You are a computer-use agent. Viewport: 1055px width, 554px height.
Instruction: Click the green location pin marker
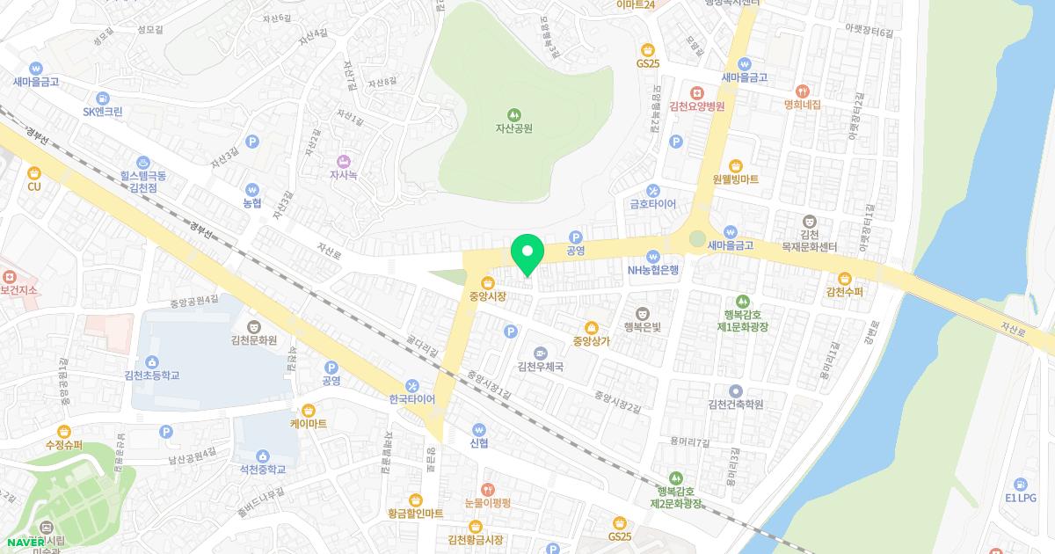[527, 254]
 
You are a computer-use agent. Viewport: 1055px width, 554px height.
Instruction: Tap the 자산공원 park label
[513, 128]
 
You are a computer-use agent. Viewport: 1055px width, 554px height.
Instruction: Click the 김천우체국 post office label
[540, 367]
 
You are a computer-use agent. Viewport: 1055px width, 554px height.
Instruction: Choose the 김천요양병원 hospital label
[696, 106]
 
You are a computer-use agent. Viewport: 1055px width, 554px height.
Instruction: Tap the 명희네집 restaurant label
[802, 104]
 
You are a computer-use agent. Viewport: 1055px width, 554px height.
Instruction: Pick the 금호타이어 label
[652, 203]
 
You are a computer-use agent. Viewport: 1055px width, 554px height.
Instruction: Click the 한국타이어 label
[411, 398]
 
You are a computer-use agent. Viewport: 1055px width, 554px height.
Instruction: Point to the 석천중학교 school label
[263, 469]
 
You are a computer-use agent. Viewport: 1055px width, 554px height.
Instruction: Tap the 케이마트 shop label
[308, 423]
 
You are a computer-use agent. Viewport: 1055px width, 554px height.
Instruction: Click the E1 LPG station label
[1020, 497]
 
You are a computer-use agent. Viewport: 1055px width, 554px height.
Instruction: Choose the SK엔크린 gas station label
[103, 112]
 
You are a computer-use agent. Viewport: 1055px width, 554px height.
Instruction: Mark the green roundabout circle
[697, 238]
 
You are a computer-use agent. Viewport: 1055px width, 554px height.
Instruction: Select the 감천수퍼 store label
[844, 291]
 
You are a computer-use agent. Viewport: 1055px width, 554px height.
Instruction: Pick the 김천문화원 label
[254, 339]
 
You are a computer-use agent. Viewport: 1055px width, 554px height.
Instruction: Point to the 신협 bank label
[478, 441]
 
